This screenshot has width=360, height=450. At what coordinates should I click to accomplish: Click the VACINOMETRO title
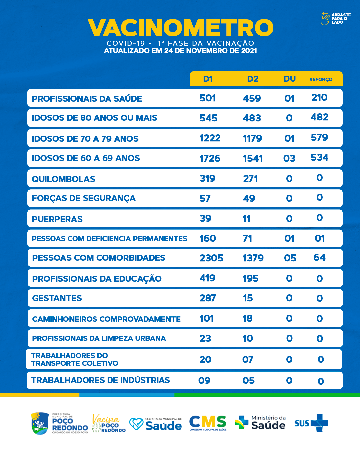point(180,28)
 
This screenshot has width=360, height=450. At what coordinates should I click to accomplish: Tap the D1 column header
point(208,79)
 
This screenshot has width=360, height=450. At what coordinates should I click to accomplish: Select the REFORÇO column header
point(321,79)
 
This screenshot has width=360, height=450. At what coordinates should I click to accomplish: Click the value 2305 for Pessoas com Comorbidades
point(211,258)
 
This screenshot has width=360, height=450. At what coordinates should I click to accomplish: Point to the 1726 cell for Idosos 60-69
point(210,158)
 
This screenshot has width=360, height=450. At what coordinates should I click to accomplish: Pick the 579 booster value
point(319,137)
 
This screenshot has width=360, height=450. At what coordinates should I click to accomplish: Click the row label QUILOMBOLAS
point(63,179)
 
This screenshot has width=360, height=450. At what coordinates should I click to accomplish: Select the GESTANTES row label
point(57,298)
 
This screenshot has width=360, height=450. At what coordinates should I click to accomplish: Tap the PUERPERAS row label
point(57,219)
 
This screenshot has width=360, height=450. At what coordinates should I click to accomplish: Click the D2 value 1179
point(252,138)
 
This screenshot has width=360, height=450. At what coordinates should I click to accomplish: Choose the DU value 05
point(290,258)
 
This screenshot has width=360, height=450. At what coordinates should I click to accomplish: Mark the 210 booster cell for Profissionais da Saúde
point(319,97)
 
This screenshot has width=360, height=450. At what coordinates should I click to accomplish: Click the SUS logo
point(311,423)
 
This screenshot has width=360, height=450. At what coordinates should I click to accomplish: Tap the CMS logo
point(208,422)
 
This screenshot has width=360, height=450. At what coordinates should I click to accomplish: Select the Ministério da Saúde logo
point(260,423)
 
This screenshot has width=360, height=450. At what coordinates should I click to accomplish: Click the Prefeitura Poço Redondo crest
point(40,423)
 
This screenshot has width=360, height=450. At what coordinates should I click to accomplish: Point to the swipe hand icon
point(325,19)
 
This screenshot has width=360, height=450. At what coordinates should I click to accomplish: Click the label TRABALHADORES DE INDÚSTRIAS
point(100,380)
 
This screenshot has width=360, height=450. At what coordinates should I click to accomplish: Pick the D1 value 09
point(204,380)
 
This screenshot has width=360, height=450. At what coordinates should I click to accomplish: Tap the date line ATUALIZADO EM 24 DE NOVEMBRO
point(180,51)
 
